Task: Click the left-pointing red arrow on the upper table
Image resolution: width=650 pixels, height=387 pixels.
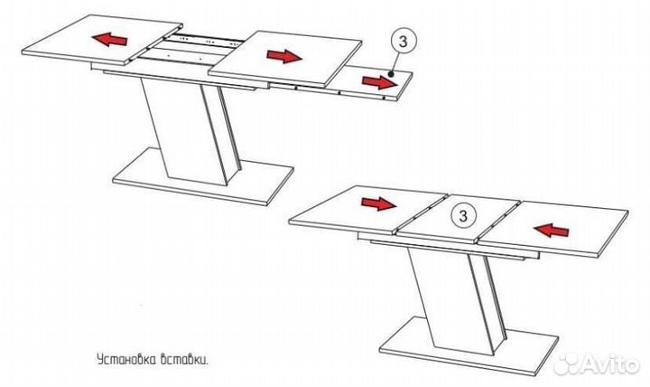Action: click(109, 40)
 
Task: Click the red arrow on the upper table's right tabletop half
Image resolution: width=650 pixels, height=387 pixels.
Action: click(284, 56)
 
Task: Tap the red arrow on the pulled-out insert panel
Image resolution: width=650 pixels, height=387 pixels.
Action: click(379, 82)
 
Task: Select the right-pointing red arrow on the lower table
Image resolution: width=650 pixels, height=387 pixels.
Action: click(379, 203)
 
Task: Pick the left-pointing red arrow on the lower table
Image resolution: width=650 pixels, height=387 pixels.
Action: click(552, 230)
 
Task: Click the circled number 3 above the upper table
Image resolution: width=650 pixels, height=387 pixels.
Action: click(403, 42)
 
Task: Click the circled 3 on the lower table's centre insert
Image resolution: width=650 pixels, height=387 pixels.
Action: click(463, 215)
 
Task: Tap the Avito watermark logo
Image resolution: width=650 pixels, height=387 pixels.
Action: click(596, 364)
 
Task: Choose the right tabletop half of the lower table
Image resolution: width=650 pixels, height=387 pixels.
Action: click(553, 228)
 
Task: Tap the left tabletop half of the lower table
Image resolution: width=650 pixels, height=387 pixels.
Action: click(368, 210)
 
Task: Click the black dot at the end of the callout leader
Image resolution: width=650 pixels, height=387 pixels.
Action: click(390, 75)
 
